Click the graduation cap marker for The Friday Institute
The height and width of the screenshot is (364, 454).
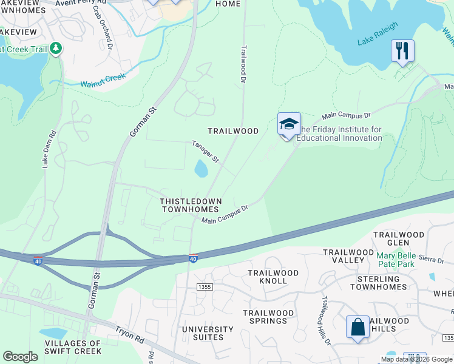click(x=289, y=125)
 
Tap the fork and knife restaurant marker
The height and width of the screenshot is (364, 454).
click(x=402, y=50)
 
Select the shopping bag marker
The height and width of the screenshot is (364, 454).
click(x=357, y=327)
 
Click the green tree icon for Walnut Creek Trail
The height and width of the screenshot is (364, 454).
click(x=56, y=48)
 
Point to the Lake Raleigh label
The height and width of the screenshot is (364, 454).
click(x=378, y=34)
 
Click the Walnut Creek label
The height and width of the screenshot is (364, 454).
click(x=103, y=79)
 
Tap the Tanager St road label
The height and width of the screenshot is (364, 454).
click(x=205, y=152)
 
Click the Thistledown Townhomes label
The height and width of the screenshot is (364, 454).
click(x=191, y=204)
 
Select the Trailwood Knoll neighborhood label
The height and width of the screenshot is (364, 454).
click(x=273, y=277)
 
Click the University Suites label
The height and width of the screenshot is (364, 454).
click(x=208, y=333)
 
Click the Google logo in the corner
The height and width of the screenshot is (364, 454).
click(x=21, y=357)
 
